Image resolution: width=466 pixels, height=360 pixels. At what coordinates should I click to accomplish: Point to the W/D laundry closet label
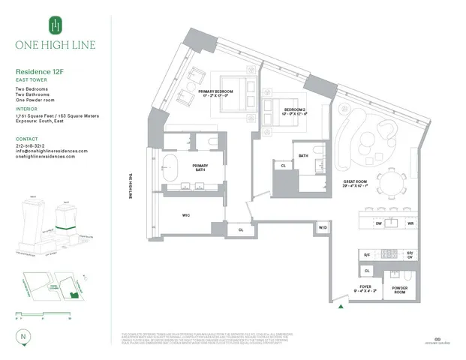click(323, 226)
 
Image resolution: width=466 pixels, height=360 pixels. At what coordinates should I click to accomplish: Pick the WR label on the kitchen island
click(410, 223)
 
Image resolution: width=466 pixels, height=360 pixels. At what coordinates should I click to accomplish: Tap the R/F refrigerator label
click(367, 255)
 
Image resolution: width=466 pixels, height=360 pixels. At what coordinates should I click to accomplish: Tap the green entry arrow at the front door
click(342, 306)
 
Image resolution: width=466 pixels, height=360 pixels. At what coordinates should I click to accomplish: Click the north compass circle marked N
click(24, 337)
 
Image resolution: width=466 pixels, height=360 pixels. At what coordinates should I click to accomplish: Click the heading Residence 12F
click(39, 73)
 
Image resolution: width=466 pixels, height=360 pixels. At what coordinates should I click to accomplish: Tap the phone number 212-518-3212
click(32, 145)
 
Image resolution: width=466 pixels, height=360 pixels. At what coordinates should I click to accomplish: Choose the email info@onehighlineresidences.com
click(51, 151)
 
